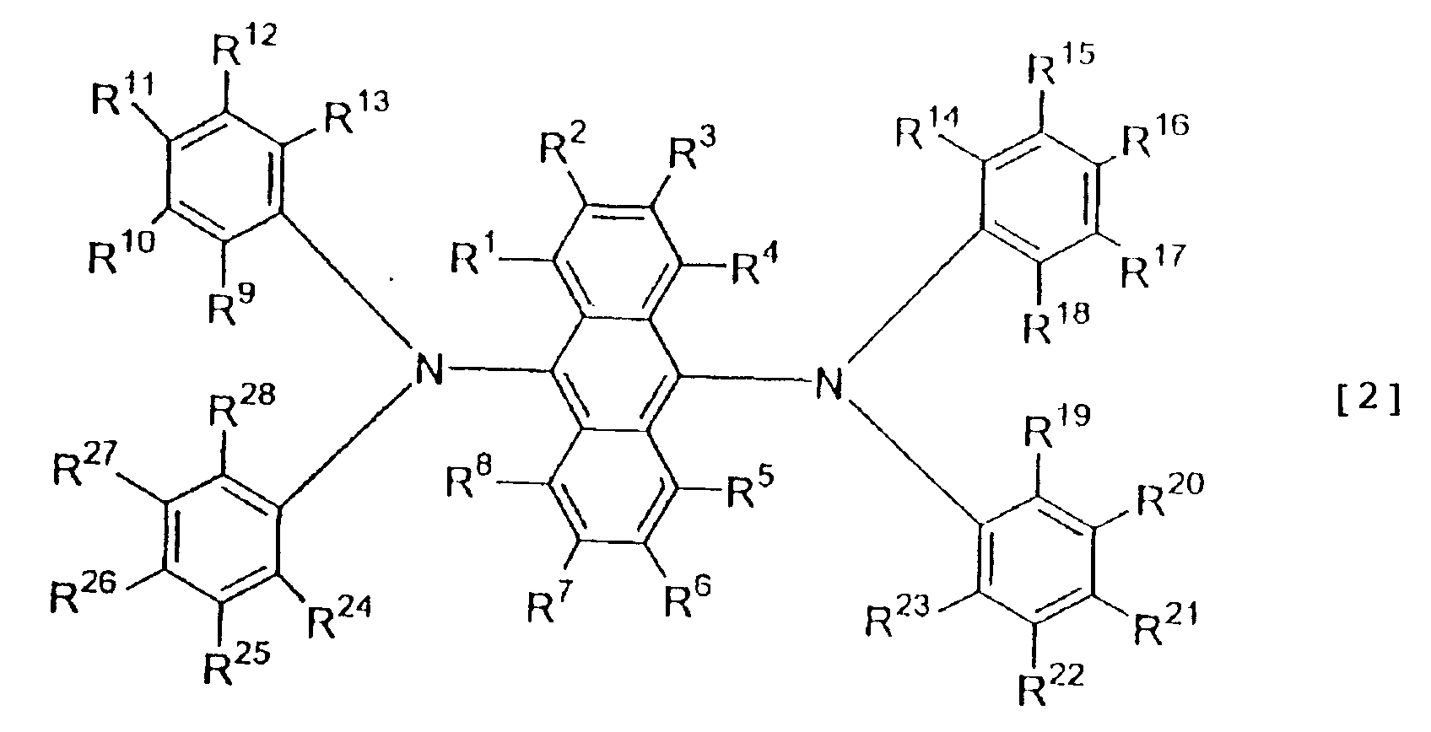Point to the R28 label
pos(242,406)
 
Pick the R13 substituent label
pos(356,114)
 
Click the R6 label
pos(688,597)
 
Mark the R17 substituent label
pos(1153,267)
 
